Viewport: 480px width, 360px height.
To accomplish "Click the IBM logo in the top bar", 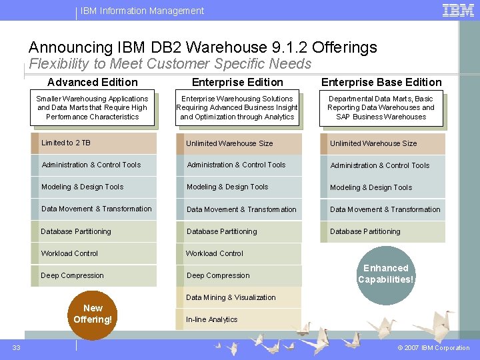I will click(x=458, y=10).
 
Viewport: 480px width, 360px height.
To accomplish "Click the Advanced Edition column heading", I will click(x=93, y=82).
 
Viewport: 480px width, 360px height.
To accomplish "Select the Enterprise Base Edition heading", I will click(x=381, y=82).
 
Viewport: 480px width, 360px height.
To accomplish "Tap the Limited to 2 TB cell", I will click(x=94, y=143).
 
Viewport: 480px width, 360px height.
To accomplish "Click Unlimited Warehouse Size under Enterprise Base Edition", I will click(x=383, y=143).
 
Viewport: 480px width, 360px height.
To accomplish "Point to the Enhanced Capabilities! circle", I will click(x=385, y=274).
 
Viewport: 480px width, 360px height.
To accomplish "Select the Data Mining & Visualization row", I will click(x=238, y=297).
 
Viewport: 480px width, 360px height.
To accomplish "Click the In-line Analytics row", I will click(x=238, y=319).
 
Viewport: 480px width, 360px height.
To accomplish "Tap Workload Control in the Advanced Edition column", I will click(x=94, y=253).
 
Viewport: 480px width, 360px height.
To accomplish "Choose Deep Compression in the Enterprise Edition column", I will click(x=238, y=275).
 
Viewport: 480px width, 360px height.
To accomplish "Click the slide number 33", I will click(x=16, y=347).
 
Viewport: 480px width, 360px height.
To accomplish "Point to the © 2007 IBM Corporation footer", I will click(x=433, y=348).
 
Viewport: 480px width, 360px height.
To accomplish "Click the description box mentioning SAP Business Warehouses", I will click(x=381, y=108).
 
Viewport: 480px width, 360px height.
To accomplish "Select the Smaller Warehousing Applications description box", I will click(x=93, y=108).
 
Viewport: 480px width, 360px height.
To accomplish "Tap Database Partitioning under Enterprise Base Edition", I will click(x=383, y=231).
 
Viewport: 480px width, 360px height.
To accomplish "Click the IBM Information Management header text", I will click(x=142, y=11).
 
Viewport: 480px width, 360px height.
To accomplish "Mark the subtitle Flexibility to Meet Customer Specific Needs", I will click(x=170, y=64).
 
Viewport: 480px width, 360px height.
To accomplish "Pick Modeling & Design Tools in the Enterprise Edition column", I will click(x=238, y=187).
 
